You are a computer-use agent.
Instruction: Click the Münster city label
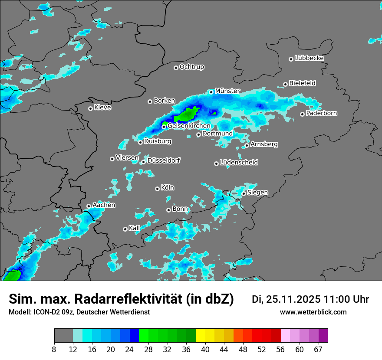coord(227,91)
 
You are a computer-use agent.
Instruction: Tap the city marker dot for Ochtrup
coord(176,67)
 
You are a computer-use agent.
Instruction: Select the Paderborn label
coord(321,113)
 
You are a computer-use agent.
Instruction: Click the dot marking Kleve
coord(90,108)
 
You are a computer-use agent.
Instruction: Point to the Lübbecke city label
coord(309,58)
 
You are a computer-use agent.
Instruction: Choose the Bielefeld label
coord(302,83)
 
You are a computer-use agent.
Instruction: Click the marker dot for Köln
coord(157,189)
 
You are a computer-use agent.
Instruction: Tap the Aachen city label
coord(104,205)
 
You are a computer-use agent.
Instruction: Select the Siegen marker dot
coord(244,193)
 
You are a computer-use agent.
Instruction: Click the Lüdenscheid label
coord(239,162)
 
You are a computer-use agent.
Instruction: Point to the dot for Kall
coord(125,229)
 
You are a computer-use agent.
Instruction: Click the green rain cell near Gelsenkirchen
coord(188,115)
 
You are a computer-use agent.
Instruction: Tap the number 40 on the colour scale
coord(205,350)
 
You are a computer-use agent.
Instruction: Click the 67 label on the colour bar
coord(318,350)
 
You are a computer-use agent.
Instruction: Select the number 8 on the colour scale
coord(54,350)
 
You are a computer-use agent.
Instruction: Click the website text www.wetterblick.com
coord(313,312)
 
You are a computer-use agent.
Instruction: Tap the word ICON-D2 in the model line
coord(46,312)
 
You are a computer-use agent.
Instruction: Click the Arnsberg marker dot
coord(247,145)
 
